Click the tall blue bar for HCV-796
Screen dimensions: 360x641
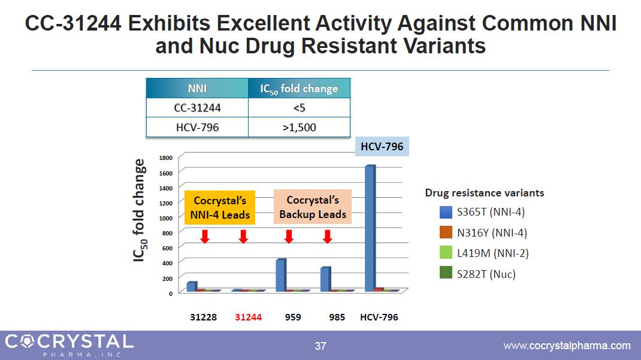[x=370, y=228]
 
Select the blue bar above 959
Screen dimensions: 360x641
[x=280, y=275]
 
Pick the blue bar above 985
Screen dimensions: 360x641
[x=325, y=279]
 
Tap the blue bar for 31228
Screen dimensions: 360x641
[x=191, y=286]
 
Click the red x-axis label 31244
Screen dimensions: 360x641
[x=248, y=317]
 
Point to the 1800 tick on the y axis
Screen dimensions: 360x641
[x=166, y=158]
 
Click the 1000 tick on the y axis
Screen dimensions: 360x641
[x=166, y=218]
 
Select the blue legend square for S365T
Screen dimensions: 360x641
[x=446, y=212]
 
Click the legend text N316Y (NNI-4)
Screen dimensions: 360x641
[x=491, y=233]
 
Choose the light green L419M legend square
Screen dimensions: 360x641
[x=446, y=253]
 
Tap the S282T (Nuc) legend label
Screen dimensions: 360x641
[x=486, y=274]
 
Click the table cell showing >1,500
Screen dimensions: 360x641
[x=299, y=128]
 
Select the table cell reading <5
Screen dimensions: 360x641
[x=299, y=108]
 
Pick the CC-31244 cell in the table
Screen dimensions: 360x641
[x=197, y=108]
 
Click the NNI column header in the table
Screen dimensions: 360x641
[x=197, y=89]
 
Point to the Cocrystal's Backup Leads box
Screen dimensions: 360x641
[x=313, y=207]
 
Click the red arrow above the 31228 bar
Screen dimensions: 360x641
[x=204, y=236]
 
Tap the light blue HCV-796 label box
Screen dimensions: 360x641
[x=382, y=146]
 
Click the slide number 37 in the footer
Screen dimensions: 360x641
[x=320, y=346]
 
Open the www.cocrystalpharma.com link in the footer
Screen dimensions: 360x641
[x=567, y=346]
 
